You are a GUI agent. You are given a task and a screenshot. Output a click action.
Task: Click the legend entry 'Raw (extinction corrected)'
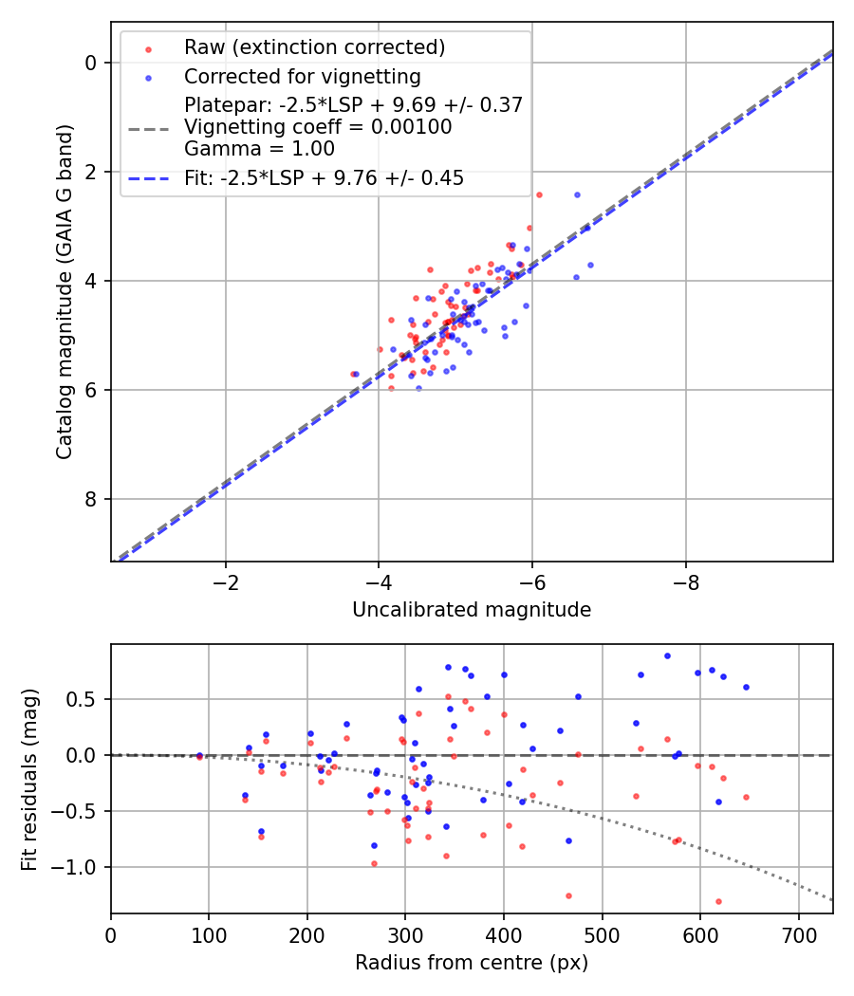[x=314, y=47]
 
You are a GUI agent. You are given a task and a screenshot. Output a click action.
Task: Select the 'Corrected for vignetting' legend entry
[x=302, y=76]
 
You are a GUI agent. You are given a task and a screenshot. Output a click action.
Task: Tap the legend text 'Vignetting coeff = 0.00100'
[x=318, y=126]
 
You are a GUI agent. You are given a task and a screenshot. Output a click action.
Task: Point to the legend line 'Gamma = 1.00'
[x=259, y=148]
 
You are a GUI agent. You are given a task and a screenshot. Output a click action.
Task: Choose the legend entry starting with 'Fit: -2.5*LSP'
[x=324, y=177]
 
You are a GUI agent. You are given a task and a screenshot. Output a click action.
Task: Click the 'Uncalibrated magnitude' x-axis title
[x=472, y=610]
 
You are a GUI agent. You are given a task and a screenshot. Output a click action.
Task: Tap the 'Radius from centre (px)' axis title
[x=472, y=963]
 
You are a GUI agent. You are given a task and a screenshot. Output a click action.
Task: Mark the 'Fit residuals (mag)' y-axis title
[x=29, y=779]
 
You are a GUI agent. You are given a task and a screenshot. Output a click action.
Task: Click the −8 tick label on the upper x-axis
[x=686, y=583]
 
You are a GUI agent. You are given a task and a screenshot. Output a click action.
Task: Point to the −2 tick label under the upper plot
[x=226, y=583]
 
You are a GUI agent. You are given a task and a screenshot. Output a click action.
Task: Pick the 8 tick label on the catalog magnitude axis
[x=91, y=499]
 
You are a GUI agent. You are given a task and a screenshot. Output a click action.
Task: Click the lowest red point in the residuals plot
[x=718, y=901]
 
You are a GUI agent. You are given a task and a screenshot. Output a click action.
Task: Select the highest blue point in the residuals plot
[x=667, y=655]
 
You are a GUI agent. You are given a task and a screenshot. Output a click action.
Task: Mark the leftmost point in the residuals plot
[x=199, y=756]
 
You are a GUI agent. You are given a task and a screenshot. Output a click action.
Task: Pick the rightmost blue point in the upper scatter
[x=590, y=265]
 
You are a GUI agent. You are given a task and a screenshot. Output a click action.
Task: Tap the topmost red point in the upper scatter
[x=539, y=194]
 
